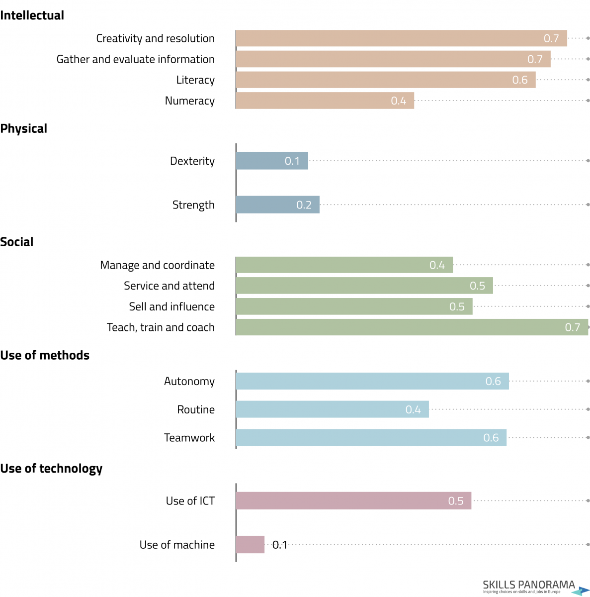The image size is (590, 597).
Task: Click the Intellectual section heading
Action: pyautogui.click(x=32, y=15)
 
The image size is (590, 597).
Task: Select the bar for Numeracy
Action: pyautogui.click(x=325, y=100)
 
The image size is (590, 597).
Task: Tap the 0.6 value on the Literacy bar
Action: pyautogui.click(x=519, y=80)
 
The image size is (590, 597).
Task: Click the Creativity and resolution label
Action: pyautogui.click(x=155, y=38)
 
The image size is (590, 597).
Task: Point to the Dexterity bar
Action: pyautogui.click(x=272, y=161)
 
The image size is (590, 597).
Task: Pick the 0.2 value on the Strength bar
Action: pyautogui.click(x=304, y=205)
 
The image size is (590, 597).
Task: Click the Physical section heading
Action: pyautogui.click(x=23, y=128)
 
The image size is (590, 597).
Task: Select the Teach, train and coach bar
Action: pyautogui.click(x=412, y=327)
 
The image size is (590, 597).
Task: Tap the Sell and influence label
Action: pyautogui.click(x=172, y=306)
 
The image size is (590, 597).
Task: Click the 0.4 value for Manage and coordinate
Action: pyautogui.click(x=437, y=265)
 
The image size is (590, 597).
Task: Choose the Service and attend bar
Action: pyautogui.click(x=364, y=286)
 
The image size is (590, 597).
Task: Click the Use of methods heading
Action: pyautogui.click(x=45, y=355)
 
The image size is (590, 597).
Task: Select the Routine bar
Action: pyautogui.click(x=332, y=409)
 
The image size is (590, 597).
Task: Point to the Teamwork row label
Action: pyautogui.click(x=189, y=437)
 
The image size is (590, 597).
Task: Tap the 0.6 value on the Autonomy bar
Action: pyautogui.click(x=493, y=381)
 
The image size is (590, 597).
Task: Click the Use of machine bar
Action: pyautogui.click(x=250, y=544)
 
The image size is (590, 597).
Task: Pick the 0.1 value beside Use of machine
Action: pyautogui.click(x=279, y=545)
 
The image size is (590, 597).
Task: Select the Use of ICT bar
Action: pyautogui.click(x=353, y=500)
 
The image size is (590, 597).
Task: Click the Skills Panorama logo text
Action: pyautogui.click(x=529, y=584)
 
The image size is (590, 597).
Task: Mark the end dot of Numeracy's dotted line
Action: pyautogui.click(x=588, y=100)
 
